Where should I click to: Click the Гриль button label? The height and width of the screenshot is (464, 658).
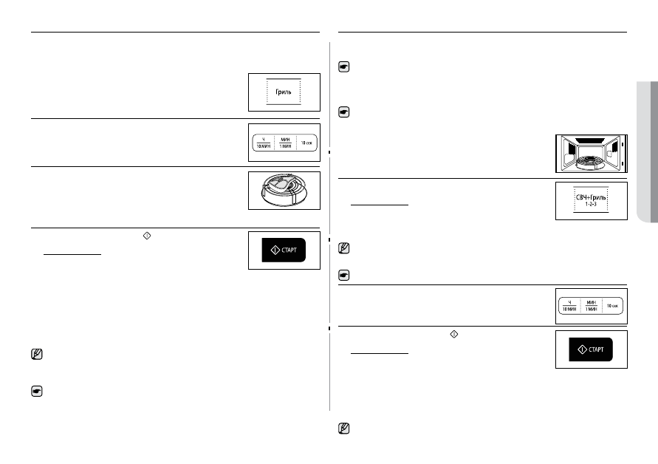click(284, 92)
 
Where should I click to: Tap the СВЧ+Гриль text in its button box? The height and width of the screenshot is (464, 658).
click(591, 197)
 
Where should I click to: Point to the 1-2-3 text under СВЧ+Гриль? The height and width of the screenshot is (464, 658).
click(591, 204)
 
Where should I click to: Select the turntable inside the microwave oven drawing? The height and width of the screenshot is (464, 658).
click(591, 162)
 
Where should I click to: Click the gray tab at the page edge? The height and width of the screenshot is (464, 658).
click(647, 151)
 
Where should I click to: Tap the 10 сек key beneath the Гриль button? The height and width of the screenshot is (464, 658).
click(306, 143)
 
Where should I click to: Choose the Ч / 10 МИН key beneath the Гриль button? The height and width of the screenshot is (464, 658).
click(264, 143)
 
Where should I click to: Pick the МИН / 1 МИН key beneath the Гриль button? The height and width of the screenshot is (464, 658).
click(285, 143)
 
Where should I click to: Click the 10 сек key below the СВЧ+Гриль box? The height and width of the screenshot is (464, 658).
click(613, 306)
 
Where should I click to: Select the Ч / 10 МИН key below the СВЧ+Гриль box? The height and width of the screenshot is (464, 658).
click(569, 306)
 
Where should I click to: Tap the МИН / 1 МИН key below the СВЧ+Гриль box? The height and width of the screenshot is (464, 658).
click(592, 306)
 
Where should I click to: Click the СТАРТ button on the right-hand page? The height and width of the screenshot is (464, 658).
click(591, 349)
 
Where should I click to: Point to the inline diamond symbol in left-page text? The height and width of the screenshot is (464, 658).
click(147, 236)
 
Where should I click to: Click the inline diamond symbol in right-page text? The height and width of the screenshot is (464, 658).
click(454, 334)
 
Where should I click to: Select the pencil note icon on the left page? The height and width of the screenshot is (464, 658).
click(37, 354)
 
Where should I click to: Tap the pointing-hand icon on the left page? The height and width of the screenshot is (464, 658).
click(37, 392)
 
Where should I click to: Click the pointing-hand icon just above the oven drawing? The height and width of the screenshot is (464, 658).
click(344, 112)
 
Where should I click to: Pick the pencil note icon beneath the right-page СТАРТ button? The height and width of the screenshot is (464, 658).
click(344, 429)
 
